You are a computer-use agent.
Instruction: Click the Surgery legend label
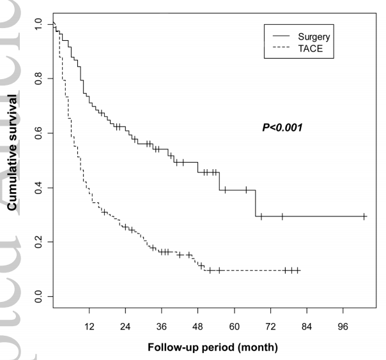(x=313, y=38)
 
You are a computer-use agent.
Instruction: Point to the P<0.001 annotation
(x=282, y=128)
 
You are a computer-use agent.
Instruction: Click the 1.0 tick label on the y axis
(x=39, y=24)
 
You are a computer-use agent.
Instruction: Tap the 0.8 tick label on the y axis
(x=39, y=79)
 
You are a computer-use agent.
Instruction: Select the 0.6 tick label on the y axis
(x=39, y=133)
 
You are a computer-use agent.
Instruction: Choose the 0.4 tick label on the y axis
(x=39, y=188)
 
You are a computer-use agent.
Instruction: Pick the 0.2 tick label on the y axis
(x=39, y=242)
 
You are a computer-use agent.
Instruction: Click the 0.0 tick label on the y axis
(x=39, y=296)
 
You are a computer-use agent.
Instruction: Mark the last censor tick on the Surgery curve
(x=364, y=216)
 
